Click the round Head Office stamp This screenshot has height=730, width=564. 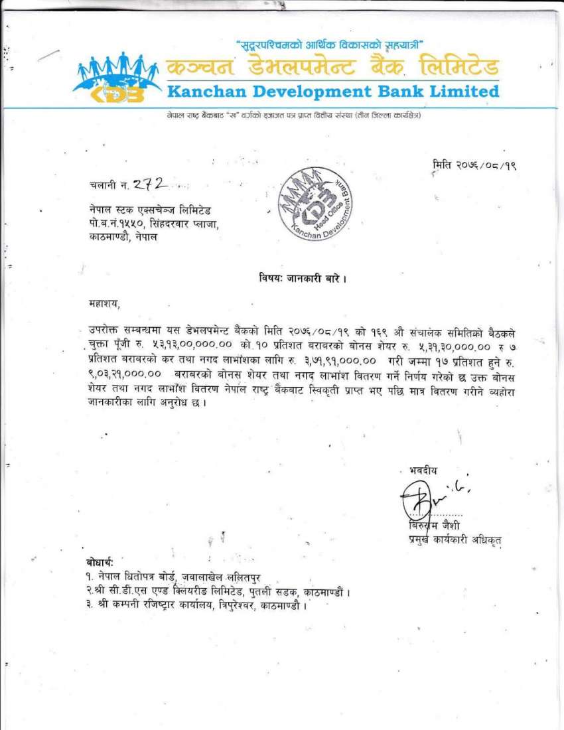pos(315,208)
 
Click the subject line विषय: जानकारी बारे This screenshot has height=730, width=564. pos(303,278)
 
